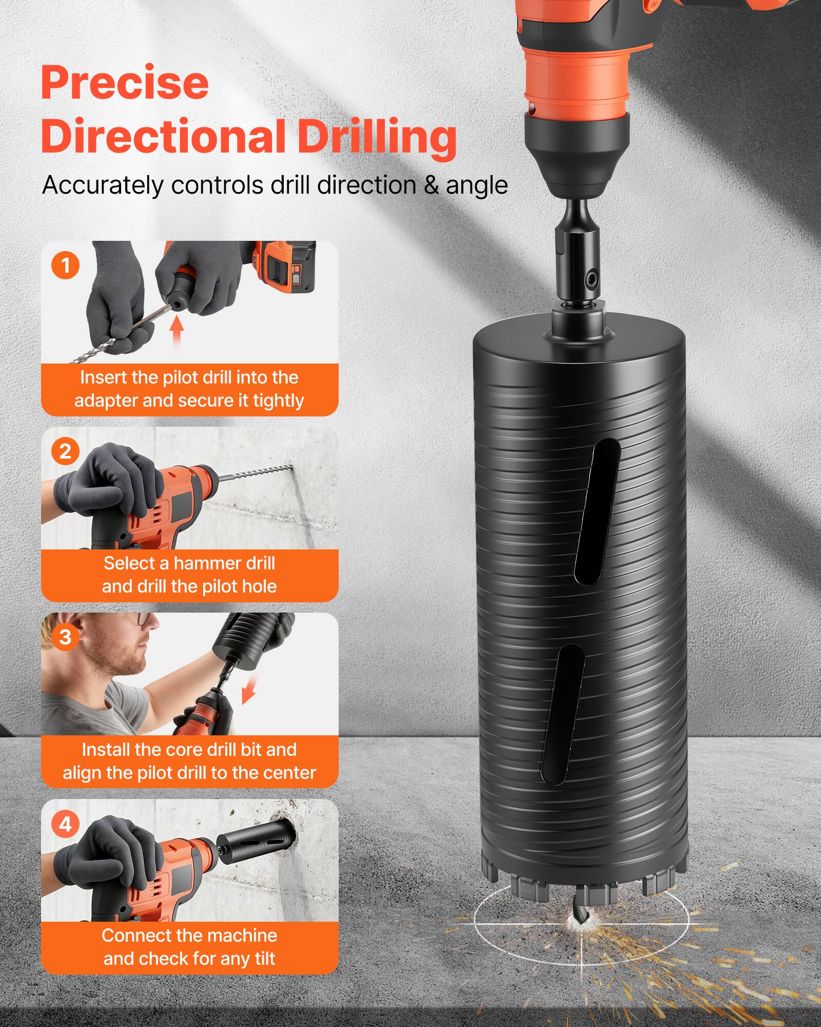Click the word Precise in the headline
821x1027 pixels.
(x=125, y=83)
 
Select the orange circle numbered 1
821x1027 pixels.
(x=65, y=265)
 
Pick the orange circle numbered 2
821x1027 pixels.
(x=65, y=451)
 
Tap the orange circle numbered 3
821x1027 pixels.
(x=65, y=637)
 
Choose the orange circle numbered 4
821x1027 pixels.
(x=65, y=824)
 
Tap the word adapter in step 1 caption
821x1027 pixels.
(x=106, y=401)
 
